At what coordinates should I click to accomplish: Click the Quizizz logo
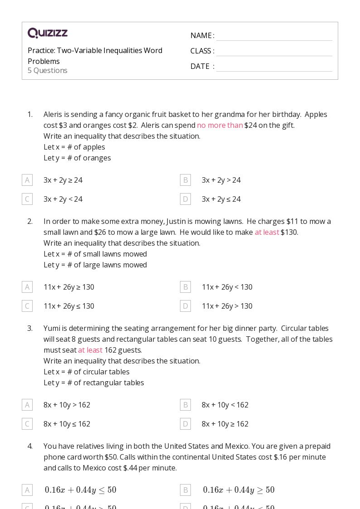[x=48, y=33]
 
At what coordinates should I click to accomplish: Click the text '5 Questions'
[x=48, y=71]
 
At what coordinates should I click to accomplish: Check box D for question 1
[x=185, y=199]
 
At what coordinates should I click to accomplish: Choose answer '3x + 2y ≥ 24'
[x=63, y=180]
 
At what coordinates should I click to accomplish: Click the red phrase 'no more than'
[x=220, y=125]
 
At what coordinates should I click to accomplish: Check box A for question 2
[x=27, y=287]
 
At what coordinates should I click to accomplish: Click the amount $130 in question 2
[x=289, y=232]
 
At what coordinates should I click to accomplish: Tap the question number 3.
[x=30, y=328]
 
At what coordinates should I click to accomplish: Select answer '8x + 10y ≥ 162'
[x=225, y=424]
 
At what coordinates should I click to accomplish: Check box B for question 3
[x=185, y=405]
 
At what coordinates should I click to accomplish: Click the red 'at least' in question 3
[x=90, y=350]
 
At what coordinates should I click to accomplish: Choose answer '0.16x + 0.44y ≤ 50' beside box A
[x=80, y=490]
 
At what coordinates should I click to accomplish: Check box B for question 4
[x=185, y=490]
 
